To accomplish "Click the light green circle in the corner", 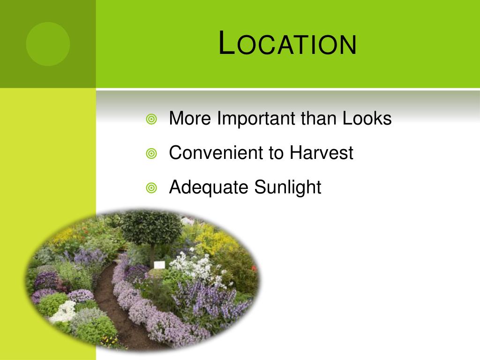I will [48, 44].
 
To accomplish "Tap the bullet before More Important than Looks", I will [151, 120].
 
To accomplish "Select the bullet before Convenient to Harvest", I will [151, 153].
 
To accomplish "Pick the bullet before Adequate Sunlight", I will [151, 188].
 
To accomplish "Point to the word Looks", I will [367, 119].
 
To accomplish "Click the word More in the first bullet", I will [190, 119].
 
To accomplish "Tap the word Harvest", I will [321, 153].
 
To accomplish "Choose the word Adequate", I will [209, 187].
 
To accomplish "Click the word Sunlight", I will [288, 187].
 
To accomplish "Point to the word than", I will [319, 119].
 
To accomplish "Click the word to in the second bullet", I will [277, 153].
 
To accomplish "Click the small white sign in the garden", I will [160, 265].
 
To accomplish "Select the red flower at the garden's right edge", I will [254, 269].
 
